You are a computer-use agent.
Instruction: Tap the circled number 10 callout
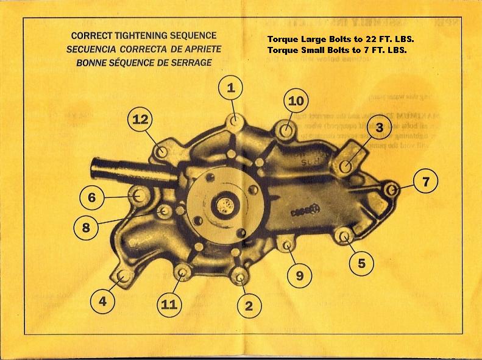(x=296, y=101)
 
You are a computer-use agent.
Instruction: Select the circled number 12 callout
(x=141, y=120)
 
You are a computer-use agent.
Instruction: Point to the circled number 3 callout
(x=379, y=128)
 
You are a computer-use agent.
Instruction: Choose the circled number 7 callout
(x=425, y=182)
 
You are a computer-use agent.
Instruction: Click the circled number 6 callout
(x=92, y=197)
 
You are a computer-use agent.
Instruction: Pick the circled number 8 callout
(x=86, y=228)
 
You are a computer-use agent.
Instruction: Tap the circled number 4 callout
(x=103, y=301)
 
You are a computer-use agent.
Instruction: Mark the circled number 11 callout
(x=169, y=304)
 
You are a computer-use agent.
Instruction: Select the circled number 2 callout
(x=248, y=306)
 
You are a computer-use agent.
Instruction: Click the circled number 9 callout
(x=299, y=275)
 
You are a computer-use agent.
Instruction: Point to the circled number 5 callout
(x=361, y=263)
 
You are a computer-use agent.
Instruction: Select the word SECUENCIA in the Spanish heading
(x=93, y=49)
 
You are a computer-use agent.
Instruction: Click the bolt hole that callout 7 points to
(x=392, y=190)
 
